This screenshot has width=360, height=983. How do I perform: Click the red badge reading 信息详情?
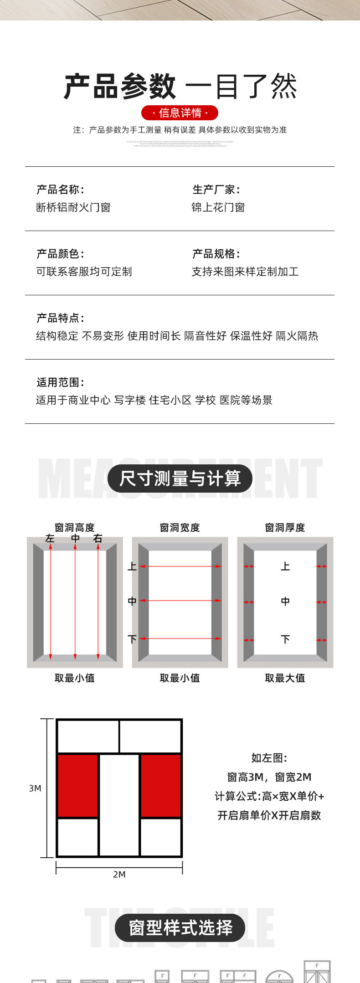(180, 113)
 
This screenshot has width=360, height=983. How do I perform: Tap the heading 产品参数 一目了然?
(180, 87)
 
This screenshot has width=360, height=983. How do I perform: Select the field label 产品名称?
(60, 190)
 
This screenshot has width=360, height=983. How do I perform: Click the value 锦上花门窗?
(218, 208)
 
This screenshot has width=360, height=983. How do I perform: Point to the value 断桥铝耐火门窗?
(73, 208)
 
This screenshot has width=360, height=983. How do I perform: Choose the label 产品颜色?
(60, 254)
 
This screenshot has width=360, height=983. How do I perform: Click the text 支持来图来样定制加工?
(245, 272)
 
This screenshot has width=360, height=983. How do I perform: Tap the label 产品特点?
(60, 318)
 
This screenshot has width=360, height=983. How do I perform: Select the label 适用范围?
(60, 382)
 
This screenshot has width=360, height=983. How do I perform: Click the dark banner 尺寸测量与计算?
(180, 479)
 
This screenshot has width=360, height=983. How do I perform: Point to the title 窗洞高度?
(74, 527)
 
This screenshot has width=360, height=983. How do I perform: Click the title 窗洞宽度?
(180, 527)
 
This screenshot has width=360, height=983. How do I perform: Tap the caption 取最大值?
(285, 678)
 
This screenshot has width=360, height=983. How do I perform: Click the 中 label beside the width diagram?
(132, 601)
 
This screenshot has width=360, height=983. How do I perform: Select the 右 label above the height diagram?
(98, 538)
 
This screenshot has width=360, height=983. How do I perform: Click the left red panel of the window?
(77, 785)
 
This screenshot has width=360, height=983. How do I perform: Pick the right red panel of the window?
(161, 785)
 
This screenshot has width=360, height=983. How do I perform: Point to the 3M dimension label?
(35, 788)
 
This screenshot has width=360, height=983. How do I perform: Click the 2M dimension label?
(119, 874)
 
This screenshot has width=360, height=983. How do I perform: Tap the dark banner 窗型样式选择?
(180, 928)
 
